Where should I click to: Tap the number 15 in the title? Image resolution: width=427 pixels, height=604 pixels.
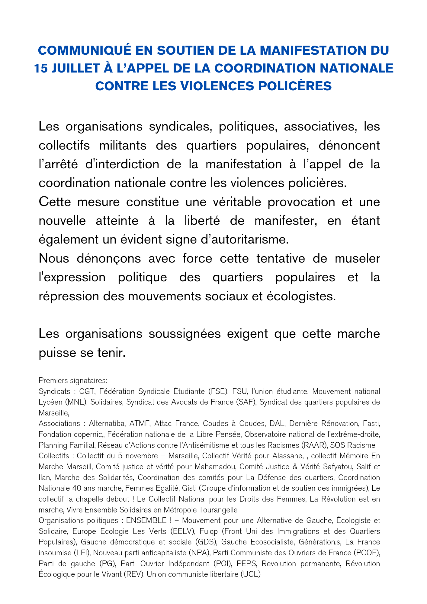tap(40, 68)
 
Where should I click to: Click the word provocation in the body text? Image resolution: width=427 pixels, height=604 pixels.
tap(301, 202)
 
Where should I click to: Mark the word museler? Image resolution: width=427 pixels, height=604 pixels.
tap(354, 259)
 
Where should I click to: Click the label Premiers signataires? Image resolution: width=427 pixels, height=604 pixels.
tap(73, 381)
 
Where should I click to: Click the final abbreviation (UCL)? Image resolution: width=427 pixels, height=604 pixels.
tap(250, 574)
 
